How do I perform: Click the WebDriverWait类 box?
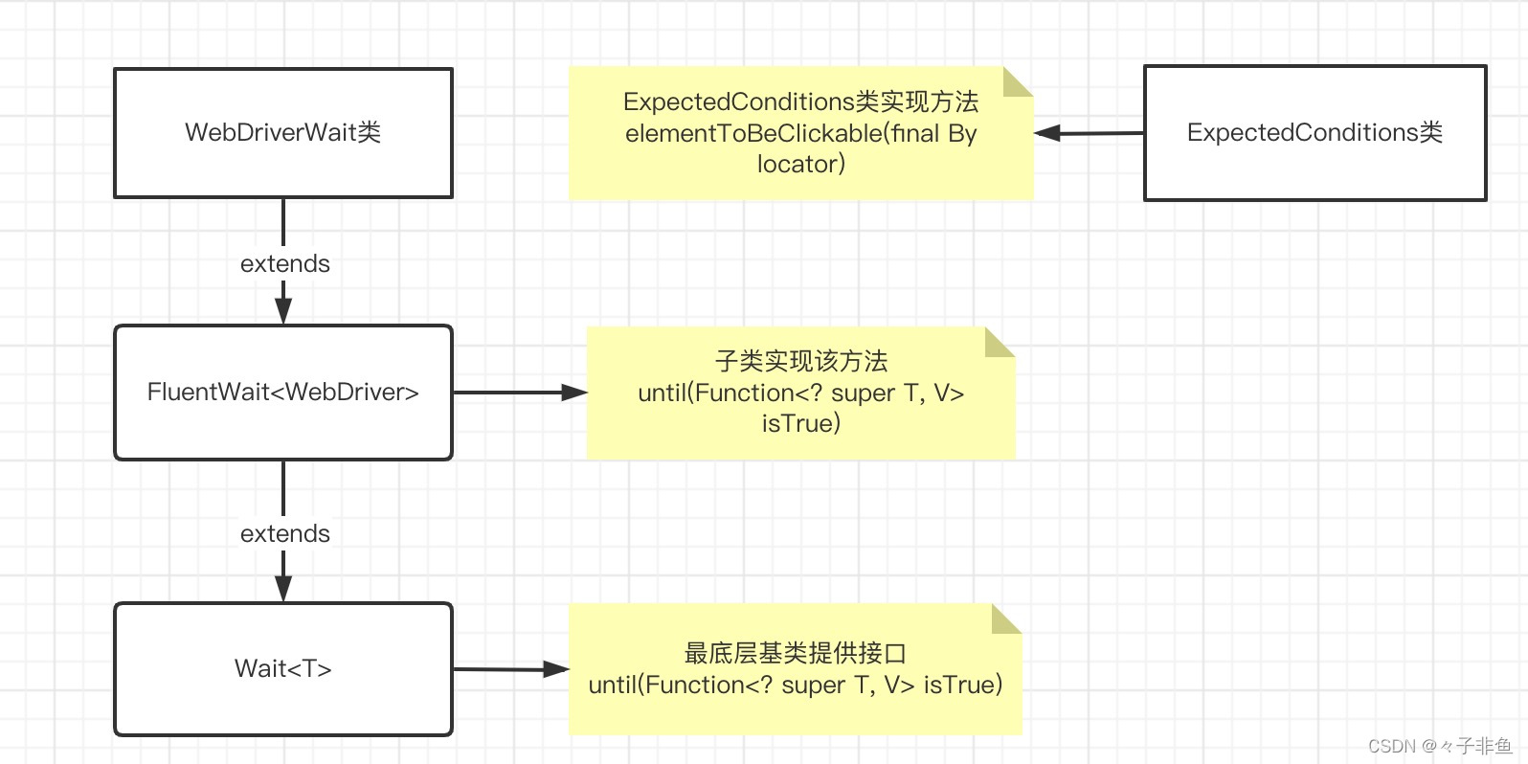click(x=282, y=132)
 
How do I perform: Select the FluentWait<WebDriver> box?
click(x=282, y=392)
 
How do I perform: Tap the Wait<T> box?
click(x=282, y=668)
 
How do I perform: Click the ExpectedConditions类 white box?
click(x=1315, y=132)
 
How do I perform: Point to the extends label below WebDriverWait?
click(x=284, y=263)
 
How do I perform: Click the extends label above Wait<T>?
click(x=284, y=533)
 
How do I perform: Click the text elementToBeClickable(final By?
click(x=800, y=133)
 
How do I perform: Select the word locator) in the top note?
click(x=800, y=164)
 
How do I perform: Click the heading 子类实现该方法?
click(x=800, y=361)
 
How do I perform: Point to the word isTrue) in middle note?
click(x=800, y=423)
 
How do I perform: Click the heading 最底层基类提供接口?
click(x=795, y=653)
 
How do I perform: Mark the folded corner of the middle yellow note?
click(x=1000, y=341)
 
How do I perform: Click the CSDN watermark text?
click(x=1439, y=746)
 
